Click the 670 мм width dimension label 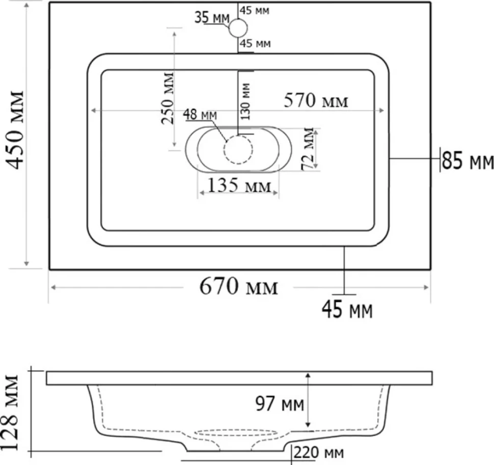238,286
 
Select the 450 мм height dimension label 15,130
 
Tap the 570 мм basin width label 316,101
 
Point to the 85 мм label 468,160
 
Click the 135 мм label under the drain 239,185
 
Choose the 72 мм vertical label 308,149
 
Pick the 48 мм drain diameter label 200,115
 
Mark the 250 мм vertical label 167,98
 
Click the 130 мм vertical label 245,101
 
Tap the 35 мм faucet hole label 212,17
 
